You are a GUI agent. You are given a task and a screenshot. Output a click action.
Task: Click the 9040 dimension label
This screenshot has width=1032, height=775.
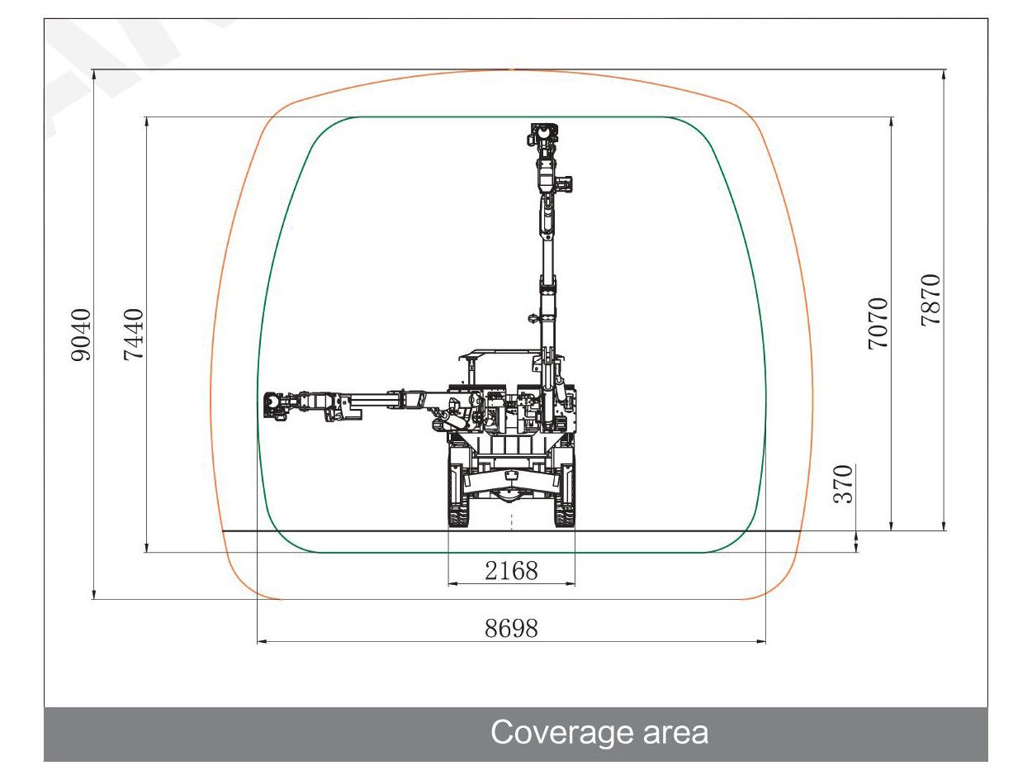80,335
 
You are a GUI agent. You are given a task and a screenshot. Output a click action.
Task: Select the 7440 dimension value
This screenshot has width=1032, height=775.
133,335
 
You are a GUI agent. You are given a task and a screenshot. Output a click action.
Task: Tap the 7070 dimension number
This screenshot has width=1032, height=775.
878,324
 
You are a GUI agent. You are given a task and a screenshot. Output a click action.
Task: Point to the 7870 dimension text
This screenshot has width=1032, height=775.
930,300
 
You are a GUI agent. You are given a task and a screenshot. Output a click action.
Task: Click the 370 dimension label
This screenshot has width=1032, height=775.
843,484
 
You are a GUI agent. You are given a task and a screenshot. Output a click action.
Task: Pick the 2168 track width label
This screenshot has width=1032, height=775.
511,571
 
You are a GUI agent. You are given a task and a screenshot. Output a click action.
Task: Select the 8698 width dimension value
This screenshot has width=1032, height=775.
511,629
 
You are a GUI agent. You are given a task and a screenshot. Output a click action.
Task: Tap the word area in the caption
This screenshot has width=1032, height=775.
675,733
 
